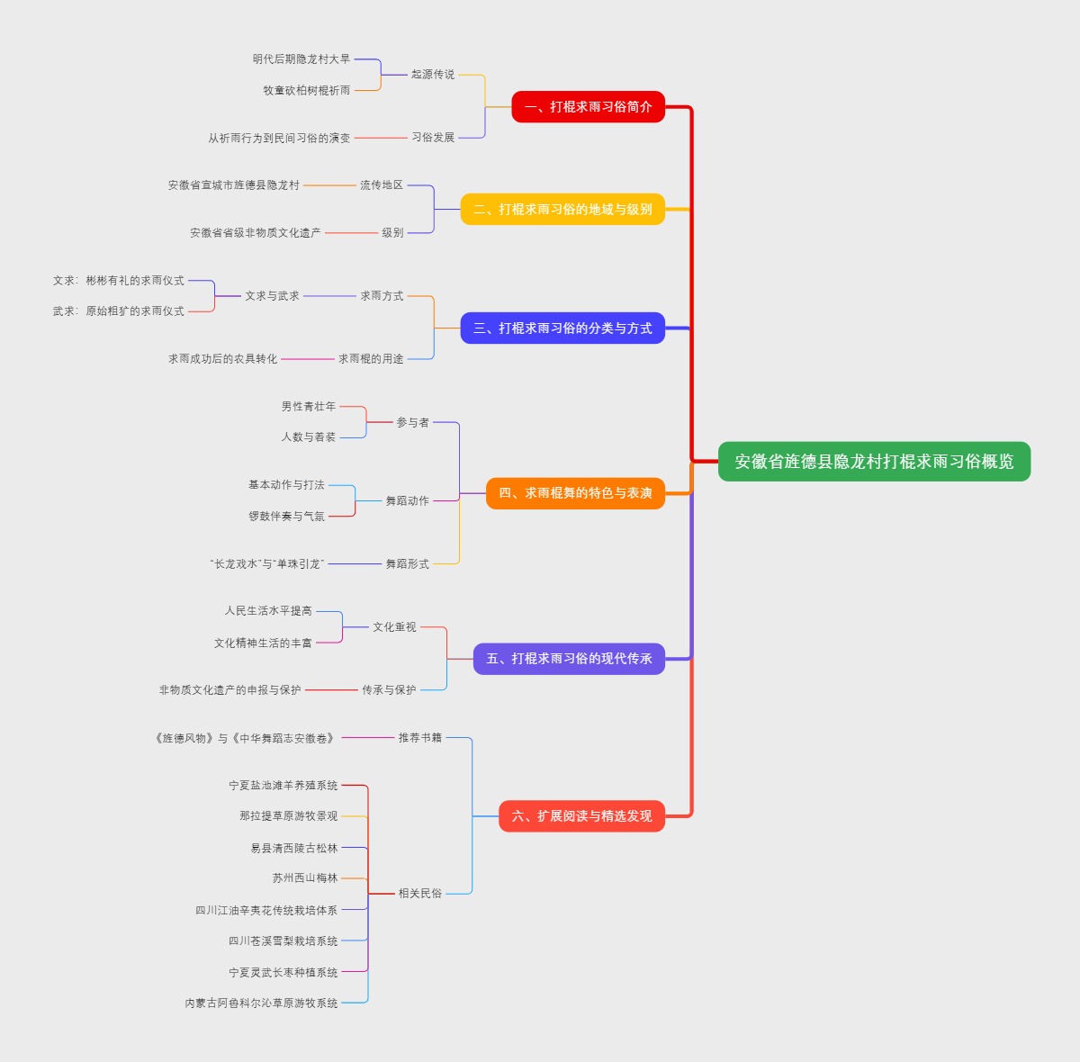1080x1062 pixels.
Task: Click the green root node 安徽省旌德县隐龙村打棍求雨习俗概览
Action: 874,462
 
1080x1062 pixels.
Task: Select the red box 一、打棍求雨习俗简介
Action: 588,107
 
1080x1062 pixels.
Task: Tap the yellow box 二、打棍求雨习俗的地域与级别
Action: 562,210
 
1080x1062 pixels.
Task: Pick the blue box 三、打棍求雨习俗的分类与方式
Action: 562,328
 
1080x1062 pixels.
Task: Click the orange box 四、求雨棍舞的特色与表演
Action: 575,493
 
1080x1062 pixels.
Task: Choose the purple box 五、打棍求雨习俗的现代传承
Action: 569,659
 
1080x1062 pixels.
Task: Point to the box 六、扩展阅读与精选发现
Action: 581,816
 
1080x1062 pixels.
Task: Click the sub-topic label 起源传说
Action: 433,75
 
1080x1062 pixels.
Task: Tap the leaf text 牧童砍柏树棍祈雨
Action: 307,91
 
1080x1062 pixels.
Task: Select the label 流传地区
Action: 382,185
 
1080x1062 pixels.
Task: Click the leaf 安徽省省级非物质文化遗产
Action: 256,233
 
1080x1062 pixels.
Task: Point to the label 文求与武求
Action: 272,296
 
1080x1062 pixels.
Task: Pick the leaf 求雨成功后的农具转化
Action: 222,359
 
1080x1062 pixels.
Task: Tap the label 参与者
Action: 413,423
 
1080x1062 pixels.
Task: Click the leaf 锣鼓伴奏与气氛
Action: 286,517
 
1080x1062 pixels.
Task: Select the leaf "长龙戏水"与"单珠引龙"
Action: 265,564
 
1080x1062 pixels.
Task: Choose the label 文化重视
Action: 394,627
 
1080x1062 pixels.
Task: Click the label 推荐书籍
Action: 420,738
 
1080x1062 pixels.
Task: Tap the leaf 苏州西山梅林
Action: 305,878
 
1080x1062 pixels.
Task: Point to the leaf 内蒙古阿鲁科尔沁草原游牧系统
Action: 261,1003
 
